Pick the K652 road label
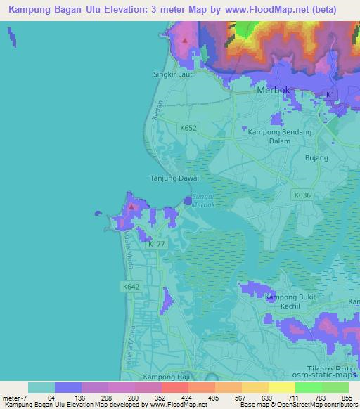coord(188,128)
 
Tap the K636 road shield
coord(302,195)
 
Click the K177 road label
coord(157,244)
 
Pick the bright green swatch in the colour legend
coord(309,387)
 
